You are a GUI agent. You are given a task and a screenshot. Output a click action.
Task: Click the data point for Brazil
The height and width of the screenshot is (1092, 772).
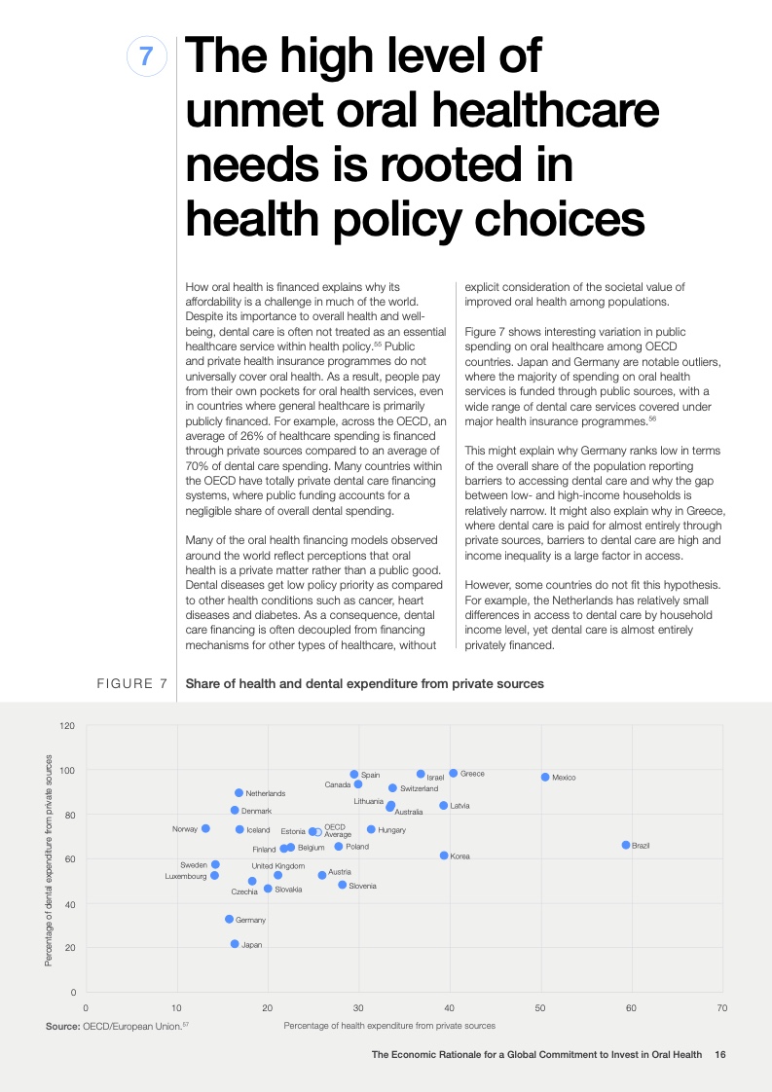(626, 845)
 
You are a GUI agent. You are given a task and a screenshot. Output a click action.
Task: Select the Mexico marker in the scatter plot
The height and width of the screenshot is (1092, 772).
(545, 777)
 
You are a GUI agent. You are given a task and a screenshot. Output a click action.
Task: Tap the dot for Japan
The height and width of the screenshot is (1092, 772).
(235, 944)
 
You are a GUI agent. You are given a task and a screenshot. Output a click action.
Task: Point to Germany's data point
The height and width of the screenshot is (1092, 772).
(229, 919)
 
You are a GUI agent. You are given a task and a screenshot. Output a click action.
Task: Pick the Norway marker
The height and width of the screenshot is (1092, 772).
(205, 828)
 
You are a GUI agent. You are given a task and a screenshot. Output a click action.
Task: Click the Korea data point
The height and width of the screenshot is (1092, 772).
(444, 855)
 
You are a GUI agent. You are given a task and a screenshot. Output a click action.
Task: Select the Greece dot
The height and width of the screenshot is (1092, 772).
(454, 773)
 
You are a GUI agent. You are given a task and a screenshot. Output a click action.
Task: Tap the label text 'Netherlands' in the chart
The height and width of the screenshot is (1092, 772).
(265, 794)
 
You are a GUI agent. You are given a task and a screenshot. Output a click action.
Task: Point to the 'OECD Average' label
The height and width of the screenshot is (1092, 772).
(338, 830)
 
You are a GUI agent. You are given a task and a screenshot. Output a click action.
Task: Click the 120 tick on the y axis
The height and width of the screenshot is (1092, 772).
(67, 726)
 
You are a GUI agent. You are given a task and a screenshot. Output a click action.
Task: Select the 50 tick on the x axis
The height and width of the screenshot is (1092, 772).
(539, 1007)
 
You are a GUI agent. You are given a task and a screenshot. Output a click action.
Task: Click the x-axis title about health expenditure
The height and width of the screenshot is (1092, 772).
(388, 1026)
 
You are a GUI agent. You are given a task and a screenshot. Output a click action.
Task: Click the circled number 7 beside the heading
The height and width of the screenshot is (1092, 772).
(146, 57)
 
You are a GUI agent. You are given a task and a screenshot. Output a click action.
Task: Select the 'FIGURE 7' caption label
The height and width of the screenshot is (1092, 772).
(132, 684)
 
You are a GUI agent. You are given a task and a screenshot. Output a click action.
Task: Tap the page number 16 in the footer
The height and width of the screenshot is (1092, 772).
(720, 1054)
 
